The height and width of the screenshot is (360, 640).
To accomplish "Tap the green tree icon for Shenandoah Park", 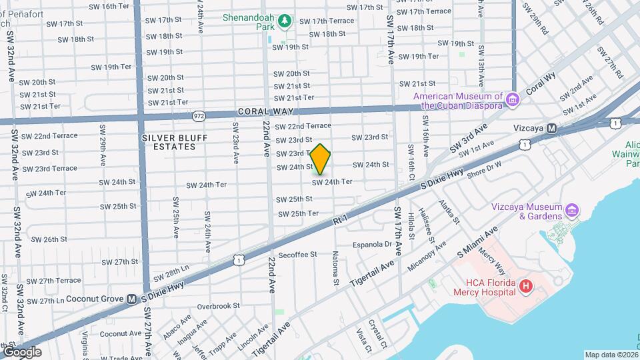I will pos(285,22).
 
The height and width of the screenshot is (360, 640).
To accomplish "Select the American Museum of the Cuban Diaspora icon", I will pos(513,101).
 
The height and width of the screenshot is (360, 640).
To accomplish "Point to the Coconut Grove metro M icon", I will pos(131,299).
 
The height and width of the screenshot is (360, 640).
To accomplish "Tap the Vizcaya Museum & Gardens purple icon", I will pos(571,211).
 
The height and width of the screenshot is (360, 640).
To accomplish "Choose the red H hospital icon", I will pos(526,287).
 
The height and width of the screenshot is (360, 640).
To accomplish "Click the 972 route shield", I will pos(199,116).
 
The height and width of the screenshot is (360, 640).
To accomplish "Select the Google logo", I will pos(21,351).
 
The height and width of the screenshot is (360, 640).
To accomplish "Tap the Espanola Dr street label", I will pos(371,245).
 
